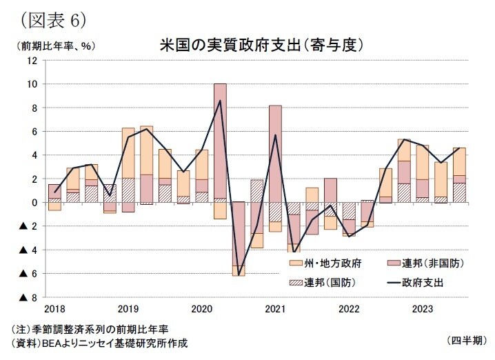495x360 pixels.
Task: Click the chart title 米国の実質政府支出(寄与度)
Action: pyautogui.click(x=261, y=45)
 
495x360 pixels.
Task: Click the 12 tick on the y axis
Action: pyautogui.click(x=32, y=61)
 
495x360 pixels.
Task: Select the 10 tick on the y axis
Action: pyautogui.click(x=32, y=84)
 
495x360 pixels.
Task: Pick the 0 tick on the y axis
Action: pyautogui.click(x=34, y=203)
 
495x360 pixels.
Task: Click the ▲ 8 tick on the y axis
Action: pyautogui.click(x=28, y=298)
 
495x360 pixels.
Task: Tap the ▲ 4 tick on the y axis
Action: pyautogui.click(x=28, y=250)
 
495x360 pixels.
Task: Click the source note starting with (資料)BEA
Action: pyautogui.click(x=97, y=343)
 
